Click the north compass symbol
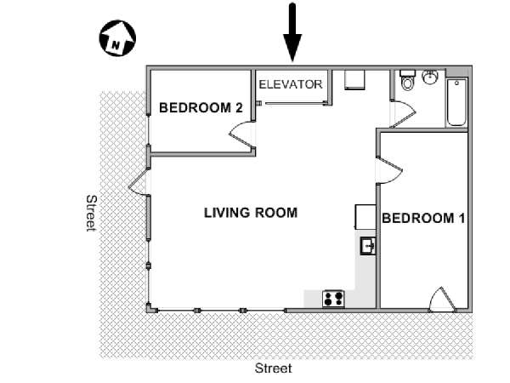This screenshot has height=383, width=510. [117, 38]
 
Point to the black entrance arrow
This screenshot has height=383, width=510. [292, 32]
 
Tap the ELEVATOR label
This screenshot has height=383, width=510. [291, 84]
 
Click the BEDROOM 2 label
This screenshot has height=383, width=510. [201, 107]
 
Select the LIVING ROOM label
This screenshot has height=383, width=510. [251, 213]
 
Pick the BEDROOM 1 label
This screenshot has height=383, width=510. [423, 218]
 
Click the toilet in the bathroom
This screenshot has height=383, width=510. [407, 79]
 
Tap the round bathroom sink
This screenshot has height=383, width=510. [430, 77]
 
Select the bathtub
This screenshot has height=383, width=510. [456, 102]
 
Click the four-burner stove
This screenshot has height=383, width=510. [333, 299]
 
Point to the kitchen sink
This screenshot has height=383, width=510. [368, 246]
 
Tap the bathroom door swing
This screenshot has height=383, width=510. [403, 114]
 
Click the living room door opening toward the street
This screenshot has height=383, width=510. [139, 182]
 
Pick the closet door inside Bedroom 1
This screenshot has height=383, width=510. [442, 299]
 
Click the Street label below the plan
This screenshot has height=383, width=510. [273, 369]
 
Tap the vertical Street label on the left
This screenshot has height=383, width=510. [92, 213]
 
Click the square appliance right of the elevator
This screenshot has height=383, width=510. [354, 80]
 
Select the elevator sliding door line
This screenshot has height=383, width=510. [295, 104]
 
